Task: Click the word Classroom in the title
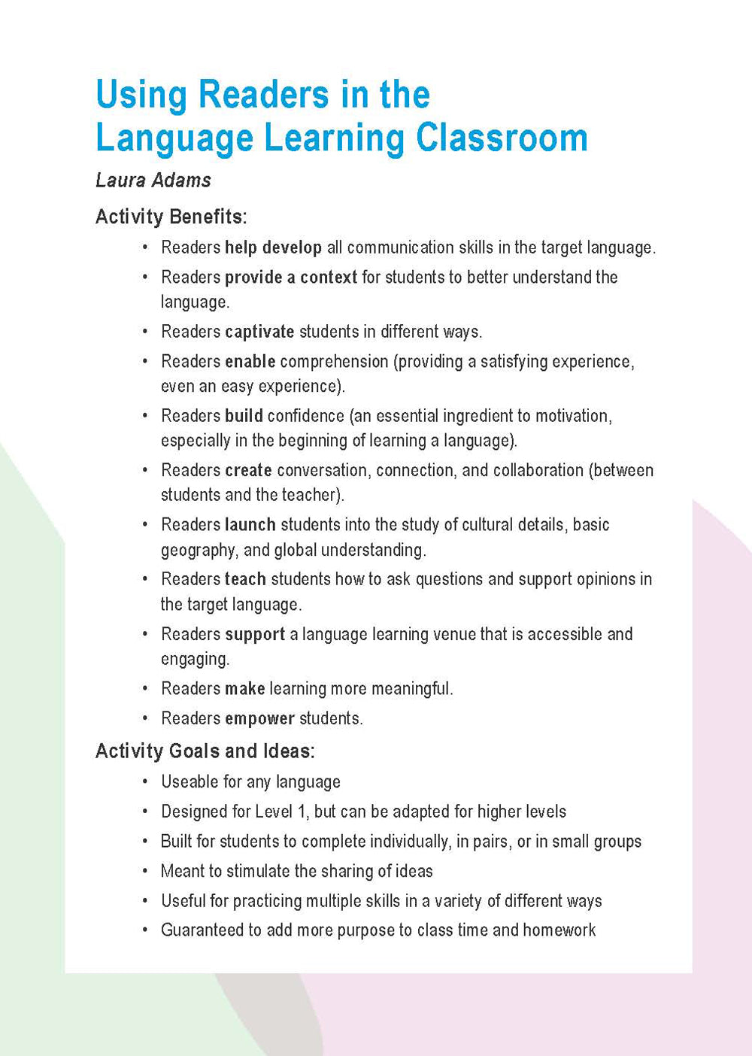click(x=502, y=138)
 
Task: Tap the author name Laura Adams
click(x=153, y=181)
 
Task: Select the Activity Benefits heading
click(x=171, y=217)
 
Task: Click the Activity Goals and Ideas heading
click(x=205, y=751)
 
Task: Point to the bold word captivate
click(x=259, y=332)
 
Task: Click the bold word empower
click(x=259, y=719)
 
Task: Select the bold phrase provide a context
click(x=290, y=278)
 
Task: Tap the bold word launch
click(x=250, y=524)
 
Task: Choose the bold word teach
click(x=245, y=579)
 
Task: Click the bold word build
click(x=244, y=416)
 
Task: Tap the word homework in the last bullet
click(x=559, y=930)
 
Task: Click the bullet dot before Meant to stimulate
click(x=144, y=872)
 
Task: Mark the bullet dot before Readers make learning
click(x=144, y=689)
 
